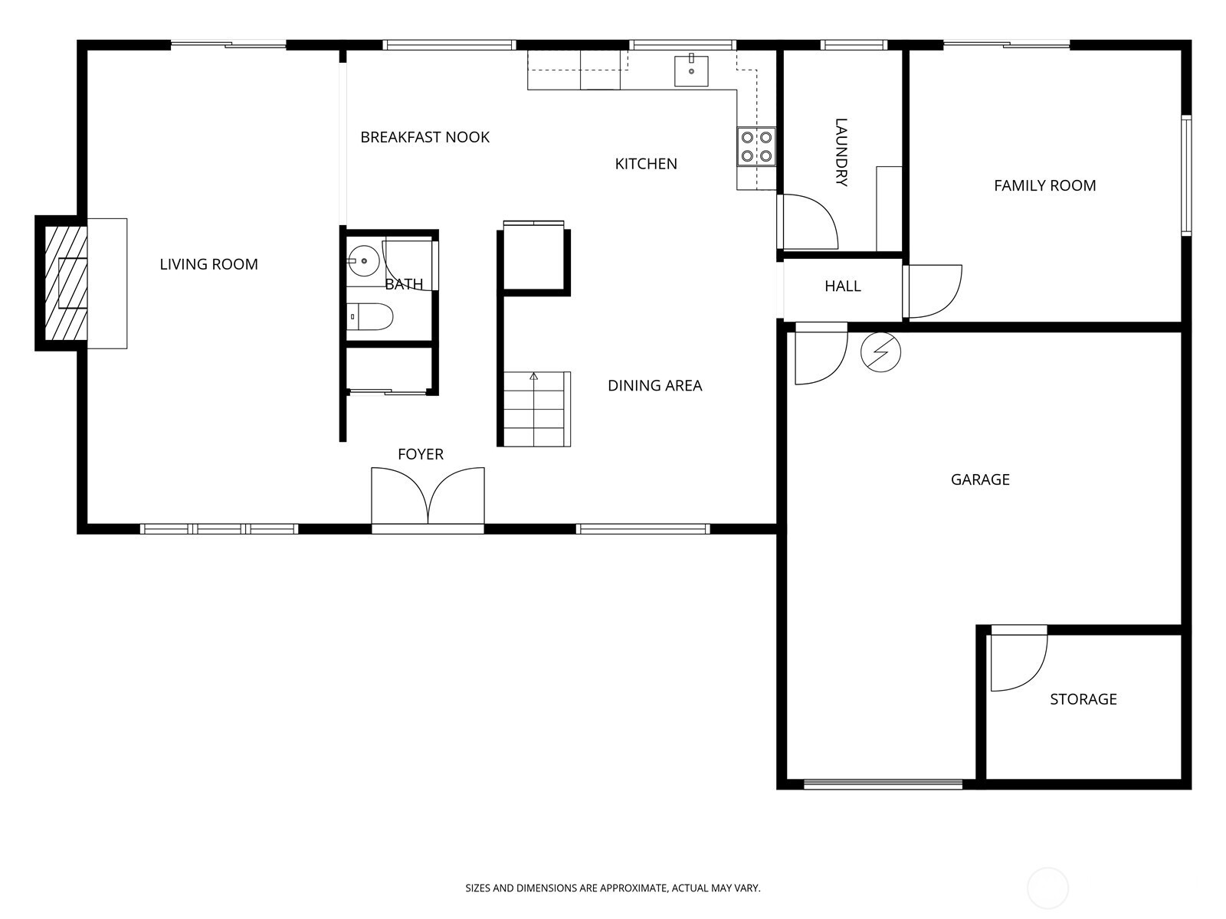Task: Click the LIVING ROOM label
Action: [209, 264]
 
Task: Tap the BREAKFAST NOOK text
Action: [425, 137]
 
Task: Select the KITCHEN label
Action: [646, 164]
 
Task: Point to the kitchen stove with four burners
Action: [756, 146]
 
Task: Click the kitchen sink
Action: [691, 70]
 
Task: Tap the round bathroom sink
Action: [364, 260]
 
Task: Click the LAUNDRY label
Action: [841, 152]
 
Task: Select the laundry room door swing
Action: [808, 221]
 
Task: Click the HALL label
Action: [843, 286]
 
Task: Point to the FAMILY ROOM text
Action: [1044, 186]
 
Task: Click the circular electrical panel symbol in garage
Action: [880, 352]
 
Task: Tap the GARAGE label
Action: [980, 480]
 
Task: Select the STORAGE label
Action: [1083, 699]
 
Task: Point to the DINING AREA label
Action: [654, 385]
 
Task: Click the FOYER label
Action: [421, 454]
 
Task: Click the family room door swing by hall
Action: [933, 291]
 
